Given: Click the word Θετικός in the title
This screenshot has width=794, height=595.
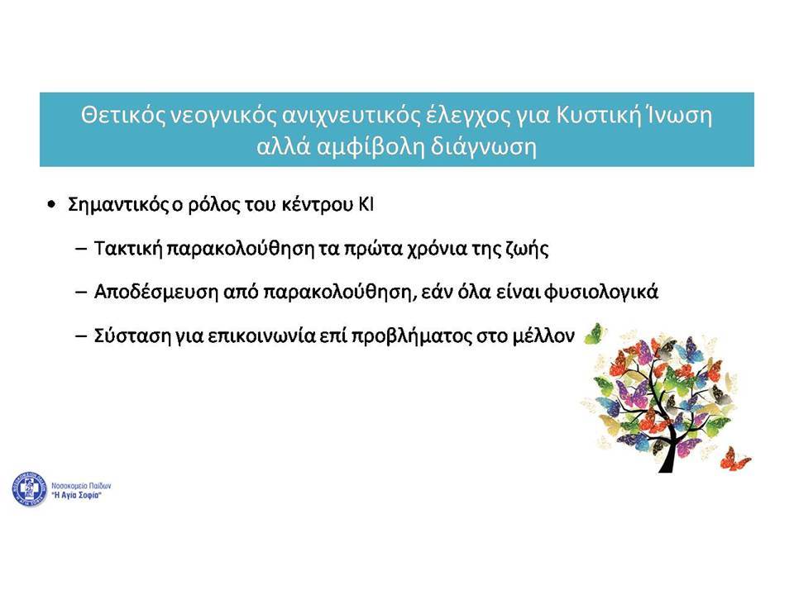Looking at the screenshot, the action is click(x=122, y=116).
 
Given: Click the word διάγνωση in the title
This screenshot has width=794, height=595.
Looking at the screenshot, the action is click(x=484, y=147).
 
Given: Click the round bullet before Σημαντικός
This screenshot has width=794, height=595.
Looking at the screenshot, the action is click(x=51, y=205).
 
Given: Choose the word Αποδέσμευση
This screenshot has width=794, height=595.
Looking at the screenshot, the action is click(x=156, y=292).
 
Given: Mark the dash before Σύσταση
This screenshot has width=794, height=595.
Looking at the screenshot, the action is click(x=81, y=336).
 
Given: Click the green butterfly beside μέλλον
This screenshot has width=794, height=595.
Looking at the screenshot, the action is click(x=595, y=334).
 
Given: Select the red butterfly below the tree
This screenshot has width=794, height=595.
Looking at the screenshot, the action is click(x=735, y=459).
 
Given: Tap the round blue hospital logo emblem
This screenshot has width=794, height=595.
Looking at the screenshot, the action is click(x=30, y=489).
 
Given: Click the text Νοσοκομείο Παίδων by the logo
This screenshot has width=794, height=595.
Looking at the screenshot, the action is click(x=81, y=486).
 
